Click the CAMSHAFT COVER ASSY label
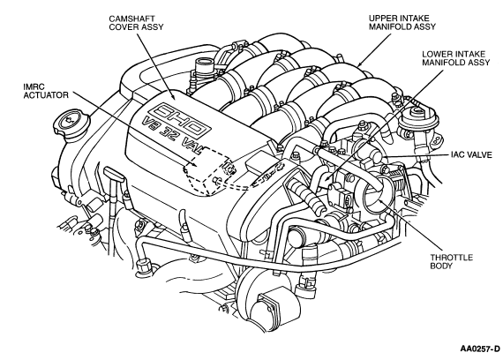[x=136, y=23]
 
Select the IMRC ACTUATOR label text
[x=46, y=91]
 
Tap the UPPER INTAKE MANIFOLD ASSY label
[x=402, y=22]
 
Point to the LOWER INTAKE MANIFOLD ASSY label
[x=456, y=58]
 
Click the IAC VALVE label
[x=471, y=155]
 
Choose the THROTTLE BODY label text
[x=451, y=261]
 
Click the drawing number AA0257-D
[x=480, y=349]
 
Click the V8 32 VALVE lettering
[x=172, y=135]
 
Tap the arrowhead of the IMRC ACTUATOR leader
[x=195, y=165]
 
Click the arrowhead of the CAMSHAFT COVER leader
[x=175, y=97]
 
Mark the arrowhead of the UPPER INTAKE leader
[x=358, y=65]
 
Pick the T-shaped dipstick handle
[x=115, y=174]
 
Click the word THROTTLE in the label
[x=451, y=258]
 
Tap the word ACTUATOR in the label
[x=46, y=95]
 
